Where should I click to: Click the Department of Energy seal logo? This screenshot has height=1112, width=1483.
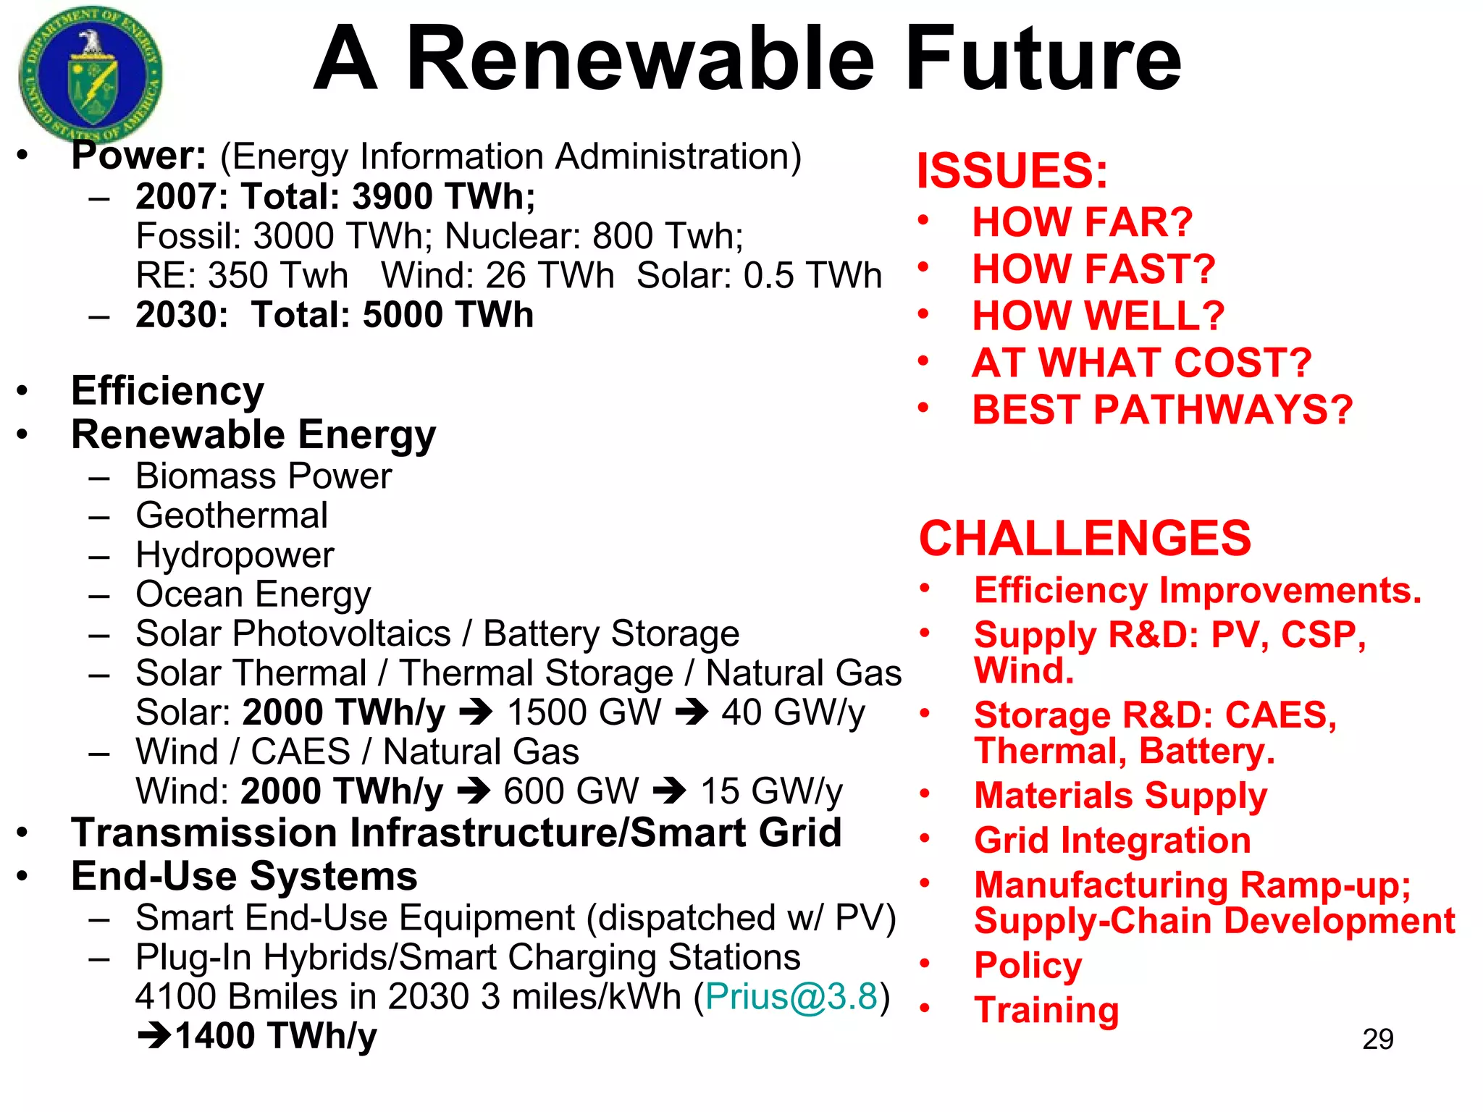point(91,75)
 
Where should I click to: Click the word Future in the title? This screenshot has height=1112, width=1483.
point(1043,59)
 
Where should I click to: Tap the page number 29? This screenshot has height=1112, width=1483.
point(1377,1040)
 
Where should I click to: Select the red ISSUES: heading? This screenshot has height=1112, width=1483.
point(1012,172)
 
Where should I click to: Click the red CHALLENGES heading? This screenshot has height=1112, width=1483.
point(1084,539)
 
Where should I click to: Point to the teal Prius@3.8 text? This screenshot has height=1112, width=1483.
point(791,997)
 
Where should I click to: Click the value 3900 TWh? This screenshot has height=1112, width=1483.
point(443,197)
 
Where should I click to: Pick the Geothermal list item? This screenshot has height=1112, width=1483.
point(232,516)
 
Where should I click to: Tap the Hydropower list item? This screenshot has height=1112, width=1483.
point(235,555)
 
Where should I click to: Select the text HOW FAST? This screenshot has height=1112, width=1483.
point(1093,269)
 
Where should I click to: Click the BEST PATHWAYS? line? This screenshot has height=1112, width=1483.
point(1161,410)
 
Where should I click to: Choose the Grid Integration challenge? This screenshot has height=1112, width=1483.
point(1112,841)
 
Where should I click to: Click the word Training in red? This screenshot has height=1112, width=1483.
point(1046,1010)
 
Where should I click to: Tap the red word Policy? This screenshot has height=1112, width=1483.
point(1028,966)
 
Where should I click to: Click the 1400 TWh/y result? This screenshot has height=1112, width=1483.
point(275,1036)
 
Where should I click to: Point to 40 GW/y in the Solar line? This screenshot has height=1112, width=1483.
point(792,713)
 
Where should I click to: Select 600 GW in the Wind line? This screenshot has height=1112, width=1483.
point(571,791)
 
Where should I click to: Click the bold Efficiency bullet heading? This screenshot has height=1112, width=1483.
point(167,392)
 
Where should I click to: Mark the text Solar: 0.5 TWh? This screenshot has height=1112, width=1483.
point(758,276)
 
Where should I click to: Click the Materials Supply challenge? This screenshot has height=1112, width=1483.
point(1119,796)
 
